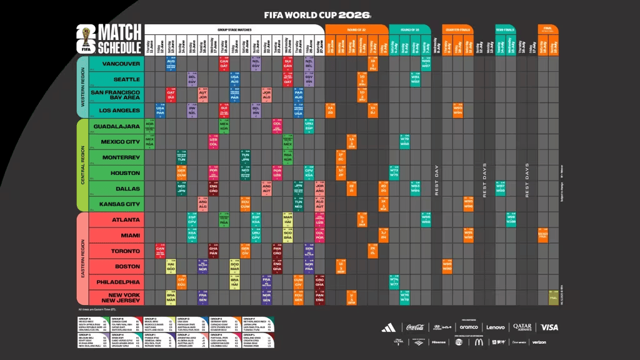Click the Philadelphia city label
click(x=117, y=282)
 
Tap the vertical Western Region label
click(x=81, y=87)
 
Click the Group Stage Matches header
click(x=234, y=29)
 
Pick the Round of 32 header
click(x=355, y=29)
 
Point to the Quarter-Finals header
click(x=456, y=29)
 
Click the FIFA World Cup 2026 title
click(x=317, y=14)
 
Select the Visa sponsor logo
click(x=549, y=327)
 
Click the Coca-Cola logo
click(x=415, y=327)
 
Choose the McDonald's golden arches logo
click(x=478, y=342)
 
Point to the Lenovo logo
click(x=496, y=327)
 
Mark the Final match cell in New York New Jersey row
click(x=553, y=297)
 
